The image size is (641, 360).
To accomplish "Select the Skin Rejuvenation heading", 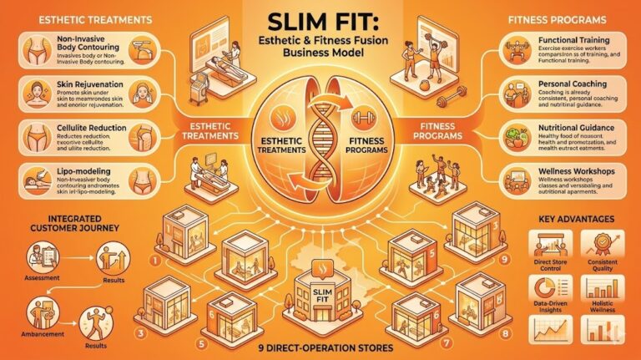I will click(x=79, y=86).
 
